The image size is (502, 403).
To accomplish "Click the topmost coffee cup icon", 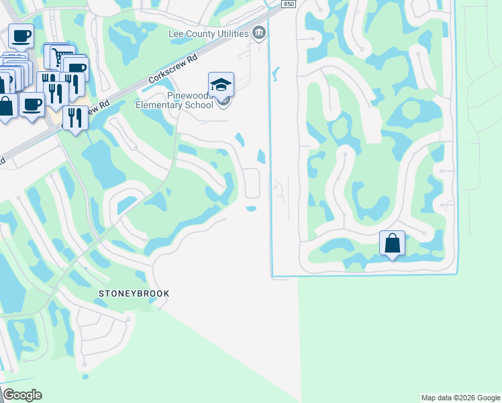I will [x=20, y=35].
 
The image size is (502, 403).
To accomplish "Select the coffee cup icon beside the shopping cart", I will [x=76, y=68].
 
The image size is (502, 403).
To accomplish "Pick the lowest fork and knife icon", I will [x=74, y=117].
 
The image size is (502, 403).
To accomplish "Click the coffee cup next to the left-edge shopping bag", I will [x=31, y=104].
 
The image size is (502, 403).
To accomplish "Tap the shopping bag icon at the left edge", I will [x=6, y=106].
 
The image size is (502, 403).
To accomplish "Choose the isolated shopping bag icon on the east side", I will [x=392, y=243].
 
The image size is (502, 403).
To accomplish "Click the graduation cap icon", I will [x=221, y=84].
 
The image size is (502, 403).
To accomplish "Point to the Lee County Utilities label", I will [x=208, y=33].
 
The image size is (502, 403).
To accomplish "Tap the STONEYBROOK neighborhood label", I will [x=134, y=294].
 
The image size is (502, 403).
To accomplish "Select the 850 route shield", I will [x=288, y=4].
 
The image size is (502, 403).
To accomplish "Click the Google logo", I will [x=22, y=395].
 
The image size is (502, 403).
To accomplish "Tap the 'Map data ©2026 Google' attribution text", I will [x=460, y=398].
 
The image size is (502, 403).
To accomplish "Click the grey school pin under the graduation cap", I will [x=225, y=101].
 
